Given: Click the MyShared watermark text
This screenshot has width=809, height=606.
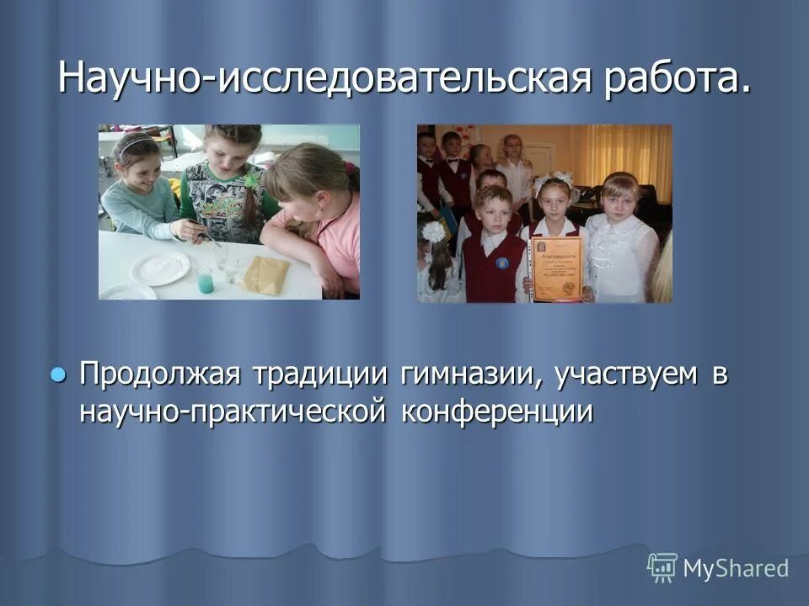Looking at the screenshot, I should (x=736, y=568).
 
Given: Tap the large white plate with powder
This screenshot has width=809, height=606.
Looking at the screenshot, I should (x=159, y=267).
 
